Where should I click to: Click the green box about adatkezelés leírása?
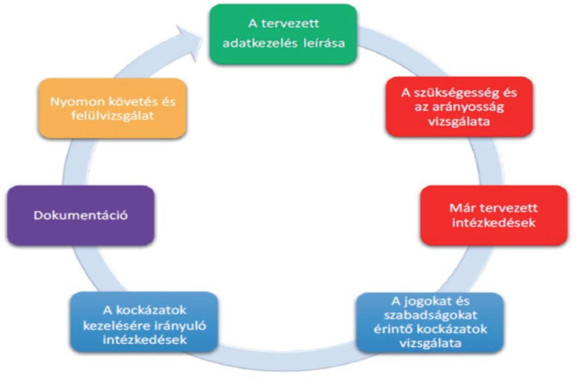283,34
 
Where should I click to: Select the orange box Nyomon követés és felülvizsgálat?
112,108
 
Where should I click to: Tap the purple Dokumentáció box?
81,215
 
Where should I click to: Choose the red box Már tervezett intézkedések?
493,215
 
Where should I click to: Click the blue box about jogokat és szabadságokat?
430,322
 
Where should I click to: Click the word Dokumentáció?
81,215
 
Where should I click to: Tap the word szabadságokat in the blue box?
430,315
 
